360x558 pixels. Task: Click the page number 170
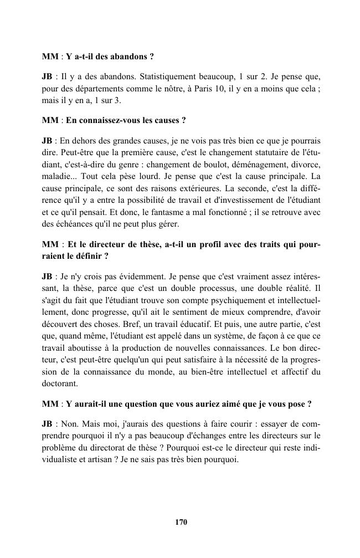(180, 522)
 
